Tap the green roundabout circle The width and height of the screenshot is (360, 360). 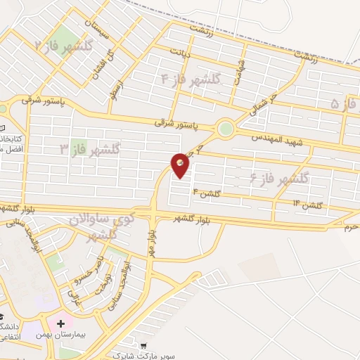(x=225, y=129)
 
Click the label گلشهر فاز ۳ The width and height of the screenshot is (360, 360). (x=89, y=148)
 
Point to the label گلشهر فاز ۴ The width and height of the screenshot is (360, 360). (x=191, y=79)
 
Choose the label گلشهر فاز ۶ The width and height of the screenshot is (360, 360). (x=279, y=179)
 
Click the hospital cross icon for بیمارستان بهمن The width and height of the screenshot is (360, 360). (x=69, y=324)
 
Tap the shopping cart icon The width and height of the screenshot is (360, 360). (x=143, y=346)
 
